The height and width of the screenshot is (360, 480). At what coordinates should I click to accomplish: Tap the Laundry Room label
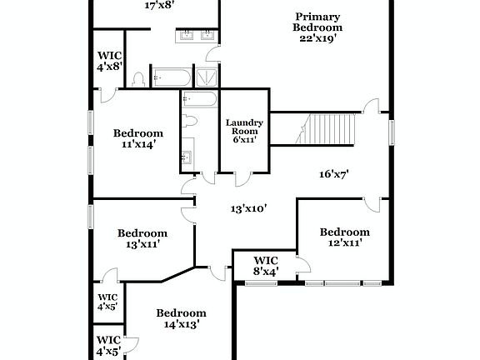[x=244, y=131]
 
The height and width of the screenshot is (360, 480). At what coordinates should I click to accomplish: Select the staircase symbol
[x=328, y=128]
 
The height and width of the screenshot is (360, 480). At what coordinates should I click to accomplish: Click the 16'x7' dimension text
[x=333, y=175]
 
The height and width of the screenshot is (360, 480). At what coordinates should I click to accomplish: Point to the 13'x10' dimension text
[x=249, y=208]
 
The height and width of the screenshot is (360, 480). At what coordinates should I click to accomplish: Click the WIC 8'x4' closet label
[x=265, y=266]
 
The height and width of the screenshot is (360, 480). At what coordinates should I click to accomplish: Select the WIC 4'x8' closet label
[x=109, y=60]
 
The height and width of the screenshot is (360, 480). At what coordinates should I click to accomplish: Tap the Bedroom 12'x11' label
[x=344, y=237]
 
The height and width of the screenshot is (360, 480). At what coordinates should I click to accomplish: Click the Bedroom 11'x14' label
[x=137, y=138]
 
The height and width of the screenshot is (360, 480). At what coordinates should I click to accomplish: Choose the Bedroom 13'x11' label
[x=142, y=238]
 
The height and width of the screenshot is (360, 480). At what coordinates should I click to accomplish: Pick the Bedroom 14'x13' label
[x=181, y=318]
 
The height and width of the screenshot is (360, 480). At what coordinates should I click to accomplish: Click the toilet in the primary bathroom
[x=139, y=79]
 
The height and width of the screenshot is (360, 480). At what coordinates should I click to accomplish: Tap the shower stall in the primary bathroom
[x=204, y=77]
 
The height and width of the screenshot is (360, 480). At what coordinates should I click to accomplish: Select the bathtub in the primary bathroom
[x=171, y=78]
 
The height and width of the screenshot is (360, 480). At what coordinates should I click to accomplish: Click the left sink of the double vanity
[x=186, y=35]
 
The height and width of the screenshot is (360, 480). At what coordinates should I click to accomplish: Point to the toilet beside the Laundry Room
[x=191, y=122]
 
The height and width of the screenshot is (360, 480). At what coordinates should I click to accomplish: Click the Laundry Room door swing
[x=242, y=178]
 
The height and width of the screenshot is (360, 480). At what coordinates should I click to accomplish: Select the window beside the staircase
[x=391, y=132]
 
